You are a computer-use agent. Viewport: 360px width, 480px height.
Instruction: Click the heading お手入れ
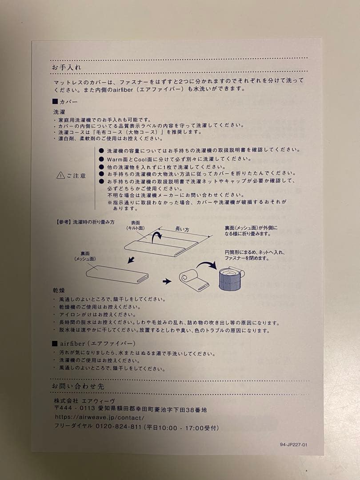click(x=66, y=67)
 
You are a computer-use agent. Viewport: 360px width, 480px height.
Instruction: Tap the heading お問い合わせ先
click(x=78, y=386)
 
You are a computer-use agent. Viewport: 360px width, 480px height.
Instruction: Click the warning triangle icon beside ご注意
click(x=60, y=175)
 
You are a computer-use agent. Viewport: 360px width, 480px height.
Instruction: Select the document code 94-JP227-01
click(x=293, y=444)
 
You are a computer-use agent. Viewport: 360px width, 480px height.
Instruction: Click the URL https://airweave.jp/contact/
click(x=100, y=417)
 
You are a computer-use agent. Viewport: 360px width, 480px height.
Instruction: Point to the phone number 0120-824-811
click(x=119, y=426)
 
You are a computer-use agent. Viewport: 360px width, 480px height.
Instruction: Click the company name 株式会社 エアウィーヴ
click(x=84, y=400)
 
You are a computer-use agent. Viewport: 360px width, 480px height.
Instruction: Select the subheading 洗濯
click(x=59, y=112)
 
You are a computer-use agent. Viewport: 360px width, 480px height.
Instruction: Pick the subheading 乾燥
click(x=59, y=290)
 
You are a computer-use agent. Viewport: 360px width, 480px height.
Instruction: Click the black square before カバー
click(x=55, y=101)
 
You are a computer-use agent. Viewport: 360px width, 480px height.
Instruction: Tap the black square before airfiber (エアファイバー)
click(x=55, y=344)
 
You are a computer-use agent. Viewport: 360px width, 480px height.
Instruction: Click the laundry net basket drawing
click(x=231, y=279)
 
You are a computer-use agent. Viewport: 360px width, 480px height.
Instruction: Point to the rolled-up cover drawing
click(x=194, y=280)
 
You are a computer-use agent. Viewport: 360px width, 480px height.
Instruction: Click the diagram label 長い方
click(x=182, y=229)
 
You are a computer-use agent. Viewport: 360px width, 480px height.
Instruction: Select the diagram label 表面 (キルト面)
click(x=135, y=225)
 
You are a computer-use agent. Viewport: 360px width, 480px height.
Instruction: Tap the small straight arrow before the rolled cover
click(x=167, y=281)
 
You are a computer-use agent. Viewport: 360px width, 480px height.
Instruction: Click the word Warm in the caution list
click(x=115, y=159)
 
